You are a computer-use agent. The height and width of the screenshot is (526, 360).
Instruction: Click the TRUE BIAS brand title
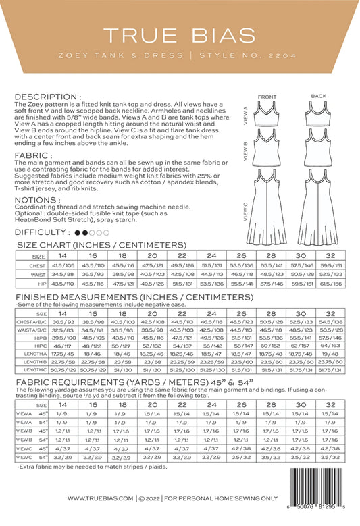(180, 34)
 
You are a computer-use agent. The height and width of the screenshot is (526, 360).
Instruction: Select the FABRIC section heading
(30, 155)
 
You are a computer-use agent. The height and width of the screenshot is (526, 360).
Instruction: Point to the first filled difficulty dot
(77, 232)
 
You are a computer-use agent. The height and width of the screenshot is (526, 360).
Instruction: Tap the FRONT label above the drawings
(267, 97)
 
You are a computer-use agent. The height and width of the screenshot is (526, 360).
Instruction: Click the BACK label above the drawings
(318, 97)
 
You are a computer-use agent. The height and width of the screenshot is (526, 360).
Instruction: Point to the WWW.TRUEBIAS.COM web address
(101, 498)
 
